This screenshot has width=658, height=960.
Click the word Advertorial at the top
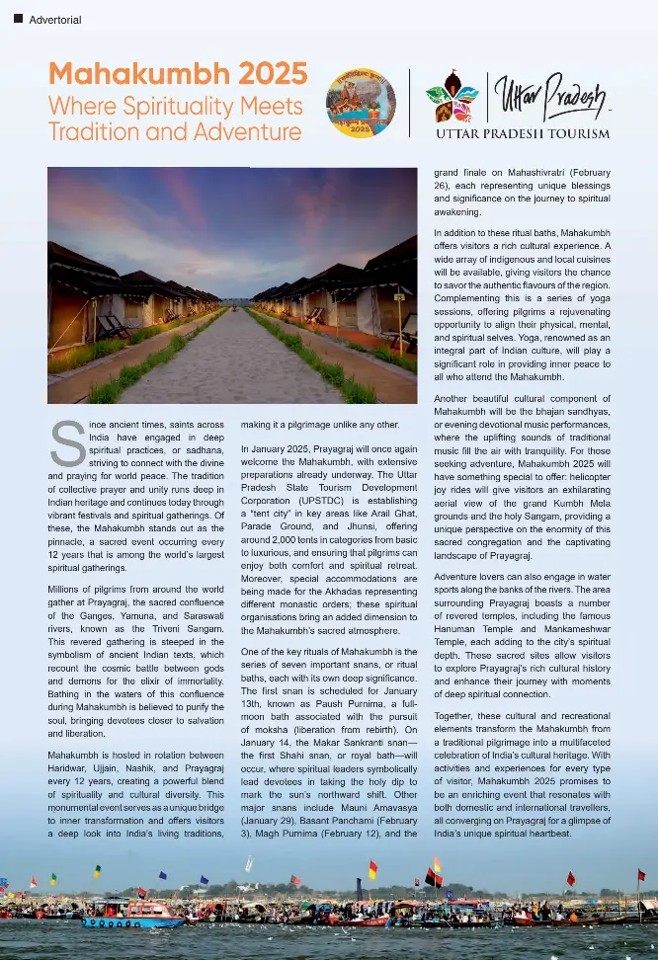click(x=56, y=20)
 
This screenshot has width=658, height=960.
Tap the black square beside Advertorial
click(x=18, y=19)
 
